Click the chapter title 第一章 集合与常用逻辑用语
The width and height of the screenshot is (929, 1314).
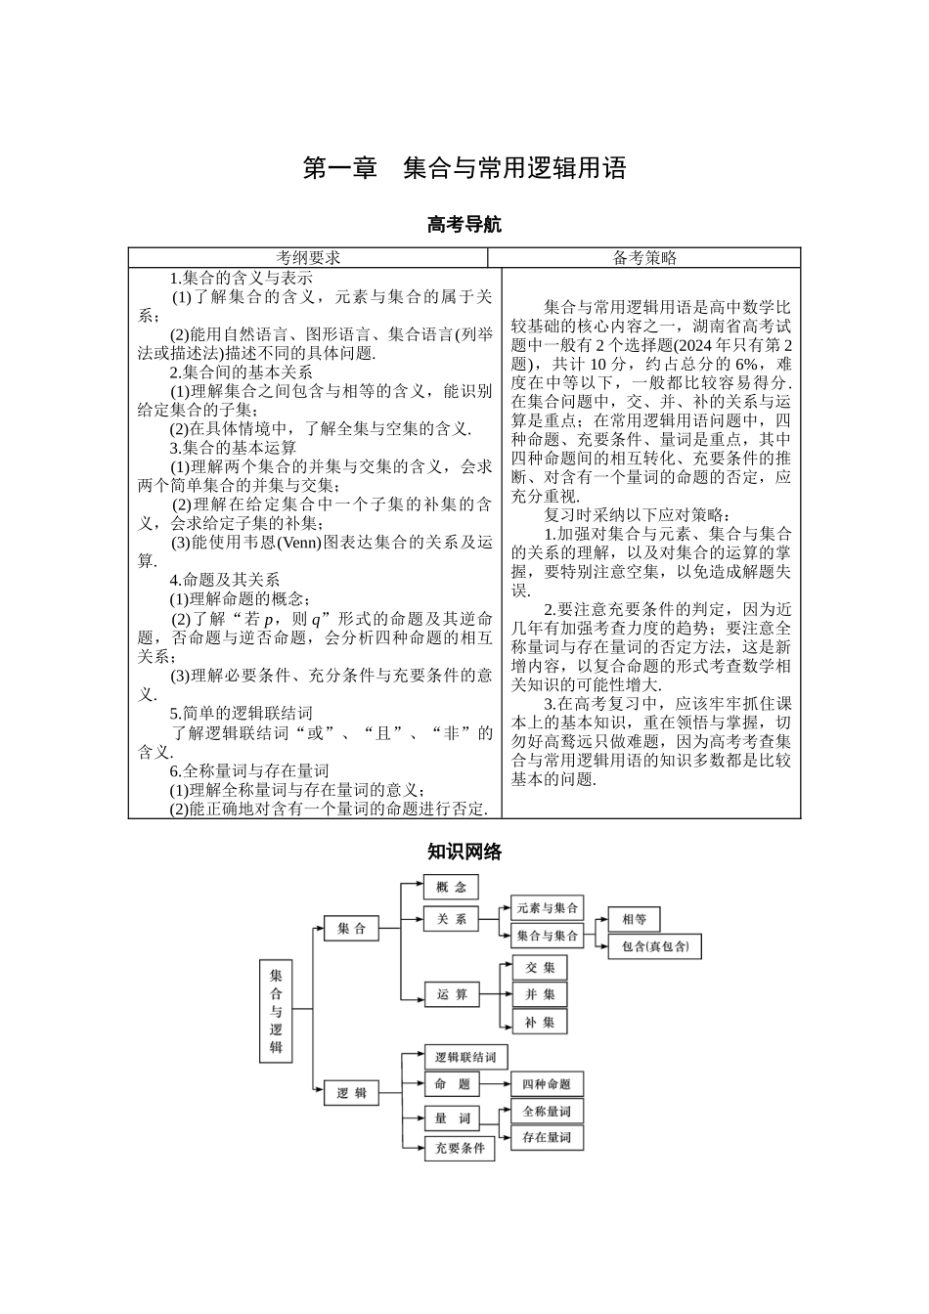464,168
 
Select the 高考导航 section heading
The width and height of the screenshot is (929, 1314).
464,225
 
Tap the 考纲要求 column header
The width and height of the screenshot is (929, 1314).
307,258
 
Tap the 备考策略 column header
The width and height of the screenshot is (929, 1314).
644,258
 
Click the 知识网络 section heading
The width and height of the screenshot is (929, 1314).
464,852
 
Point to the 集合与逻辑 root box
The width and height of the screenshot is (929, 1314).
276,1010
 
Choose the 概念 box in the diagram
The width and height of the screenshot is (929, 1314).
451,887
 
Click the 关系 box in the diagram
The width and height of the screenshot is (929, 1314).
451,919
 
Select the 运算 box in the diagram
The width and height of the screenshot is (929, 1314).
451,994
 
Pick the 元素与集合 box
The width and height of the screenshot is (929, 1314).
547,908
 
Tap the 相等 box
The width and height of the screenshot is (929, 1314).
634,919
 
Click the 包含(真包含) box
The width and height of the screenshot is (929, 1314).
654,946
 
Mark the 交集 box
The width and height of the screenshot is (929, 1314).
539,967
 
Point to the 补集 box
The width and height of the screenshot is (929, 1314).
539,1022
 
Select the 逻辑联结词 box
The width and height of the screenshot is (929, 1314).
465,1057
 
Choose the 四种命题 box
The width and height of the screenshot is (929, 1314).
547,1084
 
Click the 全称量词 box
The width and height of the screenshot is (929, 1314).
547,1112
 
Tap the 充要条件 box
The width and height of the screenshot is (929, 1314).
459,1148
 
